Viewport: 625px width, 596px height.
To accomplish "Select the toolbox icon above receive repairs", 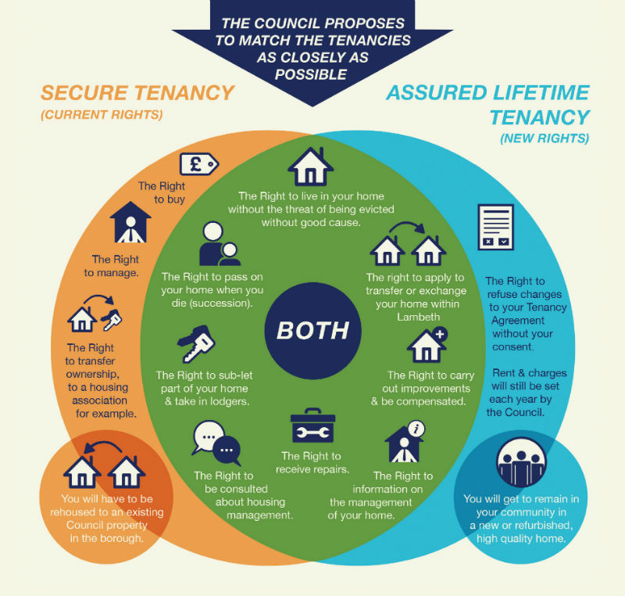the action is click(x=312, y=426).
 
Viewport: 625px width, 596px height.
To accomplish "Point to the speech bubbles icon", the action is click(x=216, y=444).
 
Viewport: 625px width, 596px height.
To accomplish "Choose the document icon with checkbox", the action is click(x=495, y=227).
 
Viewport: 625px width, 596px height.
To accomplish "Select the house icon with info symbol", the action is click(x=405, y=444).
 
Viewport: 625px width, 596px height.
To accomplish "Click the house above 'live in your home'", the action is click(x=310, y=166).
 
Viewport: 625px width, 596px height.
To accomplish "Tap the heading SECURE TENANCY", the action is click(x=137, y=93).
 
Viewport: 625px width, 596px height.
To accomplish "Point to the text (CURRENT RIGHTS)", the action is click(x=102, y=116).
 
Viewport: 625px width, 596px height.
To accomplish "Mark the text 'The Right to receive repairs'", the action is click(x=311, y=463).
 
